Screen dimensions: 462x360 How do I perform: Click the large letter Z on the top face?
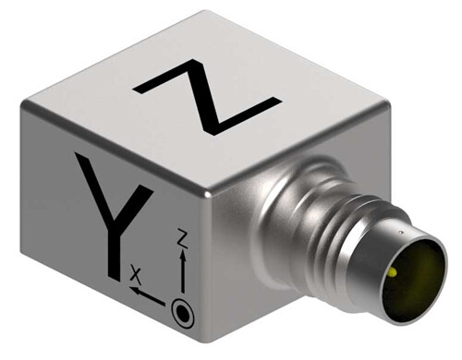(207, 97)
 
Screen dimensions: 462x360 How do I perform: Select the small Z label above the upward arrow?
(183, 238)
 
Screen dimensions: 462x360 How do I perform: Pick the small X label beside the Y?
(135, 275)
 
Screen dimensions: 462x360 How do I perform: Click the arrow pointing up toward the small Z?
(183, 270)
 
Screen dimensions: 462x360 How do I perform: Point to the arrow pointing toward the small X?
(147, 295)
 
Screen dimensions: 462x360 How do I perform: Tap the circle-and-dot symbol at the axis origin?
(183, 313)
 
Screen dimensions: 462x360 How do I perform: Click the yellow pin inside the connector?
(393, 271)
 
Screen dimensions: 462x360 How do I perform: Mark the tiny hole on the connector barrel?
(401, 233)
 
